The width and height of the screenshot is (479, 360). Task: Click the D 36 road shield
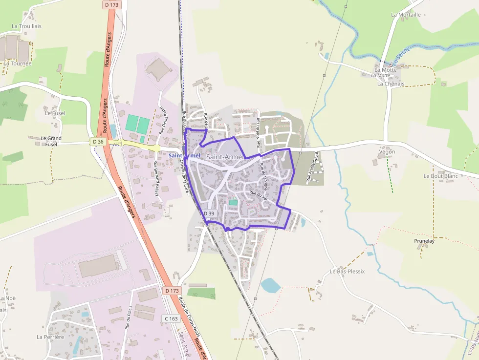[x=98, y=142]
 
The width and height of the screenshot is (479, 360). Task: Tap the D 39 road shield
[x=209, y=213]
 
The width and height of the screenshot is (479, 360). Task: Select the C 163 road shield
[x=171, y=318]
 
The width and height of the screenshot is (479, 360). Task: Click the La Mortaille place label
[x=406, y=15]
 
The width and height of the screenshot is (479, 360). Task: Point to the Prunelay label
[x=424, y=241]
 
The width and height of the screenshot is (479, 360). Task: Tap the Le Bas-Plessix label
[x=347, y=271]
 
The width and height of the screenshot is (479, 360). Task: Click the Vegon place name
[x=387, y=152]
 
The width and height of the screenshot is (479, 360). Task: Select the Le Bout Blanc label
[x=440, y=176]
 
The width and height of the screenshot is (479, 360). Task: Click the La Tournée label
[x=18, y=64]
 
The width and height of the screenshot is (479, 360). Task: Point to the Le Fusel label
[x=55, y=113]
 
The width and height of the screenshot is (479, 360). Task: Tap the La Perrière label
[x=50, y=337]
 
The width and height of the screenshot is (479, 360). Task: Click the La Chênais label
[x=391, y=84]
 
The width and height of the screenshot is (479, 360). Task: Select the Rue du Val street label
[x=258, y=195]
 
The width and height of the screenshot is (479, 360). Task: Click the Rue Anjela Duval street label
[x=312, y=167]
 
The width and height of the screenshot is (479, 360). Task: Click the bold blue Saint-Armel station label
[x=184, y=155]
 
